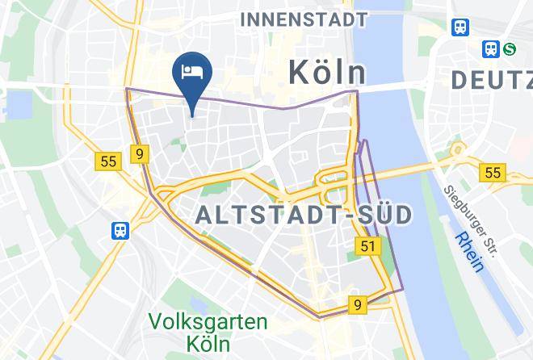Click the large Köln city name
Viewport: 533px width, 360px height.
pyautogui.click(x=327, y=73)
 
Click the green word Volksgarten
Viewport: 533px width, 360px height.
pyautogui.click(x=208, y=322)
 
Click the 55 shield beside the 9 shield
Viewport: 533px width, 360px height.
pyautogui.click(x=109, y=161)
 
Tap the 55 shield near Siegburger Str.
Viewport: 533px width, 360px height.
pyautogui.click(x=491, y=173)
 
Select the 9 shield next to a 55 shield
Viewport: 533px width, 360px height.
pyautogui.click(x=141, y=153)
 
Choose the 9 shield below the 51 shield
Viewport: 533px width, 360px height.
pyautogui.click(x=357, y=305)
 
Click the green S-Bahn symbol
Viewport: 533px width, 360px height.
pyautogui.click(x=509, y=49)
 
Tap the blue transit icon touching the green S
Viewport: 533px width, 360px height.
pyautogui.click(x=491, y=49)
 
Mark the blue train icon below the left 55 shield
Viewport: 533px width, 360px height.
pyautogui.click(x=120, y=230)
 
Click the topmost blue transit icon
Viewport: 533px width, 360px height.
pyautogui.click(x=461, y=27)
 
